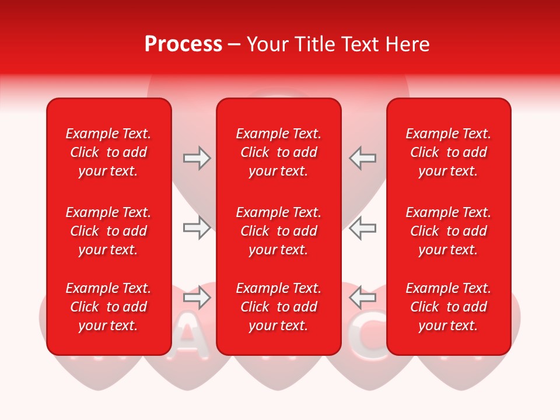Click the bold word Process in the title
[183, 44]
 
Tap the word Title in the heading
[314, 44]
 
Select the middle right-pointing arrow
[197, 228]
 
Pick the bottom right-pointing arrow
[197, 298]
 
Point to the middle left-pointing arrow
[363, 228]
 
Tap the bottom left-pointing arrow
[363, 298]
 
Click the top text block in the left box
[108, 152]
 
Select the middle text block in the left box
[108, 231]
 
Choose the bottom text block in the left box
[108, 307]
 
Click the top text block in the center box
[279, 152]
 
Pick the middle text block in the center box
[279, 231]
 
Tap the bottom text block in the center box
[279, 307]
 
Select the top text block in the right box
[449, 152]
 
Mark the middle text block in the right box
[449, 231]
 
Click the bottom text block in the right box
[449, 307]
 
